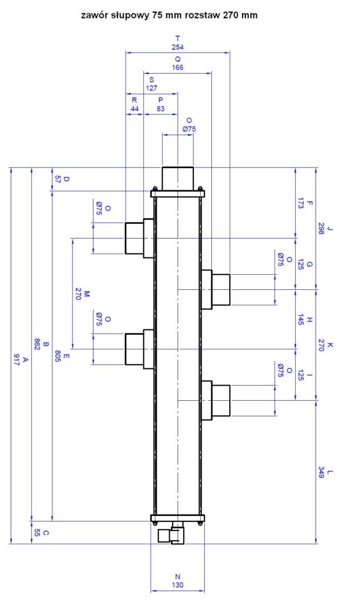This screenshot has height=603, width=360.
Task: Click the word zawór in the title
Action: click(x=92, y=15)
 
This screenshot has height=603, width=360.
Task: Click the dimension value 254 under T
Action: click(x=178, y=47)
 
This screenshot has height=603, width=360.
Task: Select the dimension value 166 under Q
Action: click(x=178, y=68)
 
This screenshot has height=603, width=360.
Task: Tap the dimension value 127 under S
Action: click(x=152, y=88)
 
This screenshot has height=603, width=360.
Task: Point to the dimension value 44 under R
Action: click(x=134, y=109)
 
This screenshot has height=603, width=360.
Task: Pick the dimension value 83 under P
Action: click(x=161, y=109)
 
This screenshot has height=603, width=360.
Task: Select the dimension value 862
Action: click(x=37, y=344)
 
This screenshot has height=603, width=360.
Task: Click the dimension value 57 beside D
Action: click(x=58, y=179)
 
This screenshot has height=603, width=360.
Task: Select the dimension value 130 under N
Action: click(x=178, y=585)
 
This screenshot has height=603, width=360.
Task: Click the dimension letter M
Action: click(x=86, y=294)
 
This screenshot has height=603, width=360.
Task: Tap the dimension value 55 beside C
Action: click(x=37, y=533)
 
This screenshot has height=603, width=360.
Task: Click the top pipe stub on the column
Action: click(x=178, y=178)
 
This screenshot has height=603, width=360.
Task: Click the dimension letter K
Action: click(x=330, y=346)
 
